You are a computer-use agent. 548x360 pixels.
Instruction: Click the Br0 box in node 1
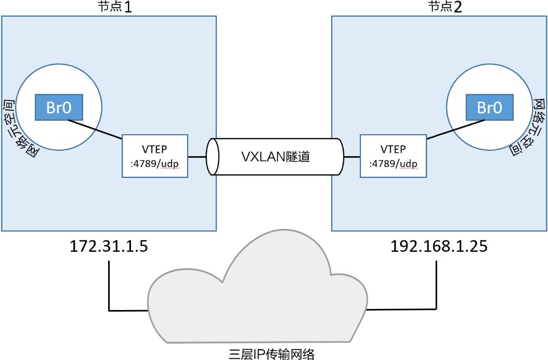pyautogui.click(x=58, y=107)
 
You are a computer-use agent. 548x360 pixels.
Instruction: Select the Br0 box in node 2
pyautogui.click(x=489, y=107)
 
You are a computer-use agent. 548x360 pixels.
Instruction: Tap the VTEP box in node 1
pyautogui.click(x=155, y=156)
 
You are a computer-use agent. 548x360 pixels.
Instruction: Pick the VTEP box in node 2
pyautogui.click(x=393, y=156)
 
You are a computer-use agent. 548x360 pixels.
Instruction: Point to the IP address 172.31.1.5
pyautogui.click(x=109, y=246)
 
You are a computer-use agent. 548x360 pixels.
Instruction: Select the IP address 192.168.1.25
pyautogui.click(x=439, y=246)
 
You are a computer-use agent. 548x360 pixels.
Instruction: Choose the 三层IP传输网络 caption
pyautogui.click(x=271, y=354)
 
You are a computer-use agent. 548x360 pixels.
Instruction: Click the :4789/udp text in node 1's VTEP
pyautogui.click(x=155, y=163)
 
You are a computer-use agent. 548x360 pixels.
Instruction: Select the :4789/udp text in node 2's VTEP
pyautogui.click(x=393, y=163)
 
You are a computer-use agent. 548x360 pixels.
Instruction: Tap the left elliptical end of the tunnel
pyautogui.click(x=211, y=156)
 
